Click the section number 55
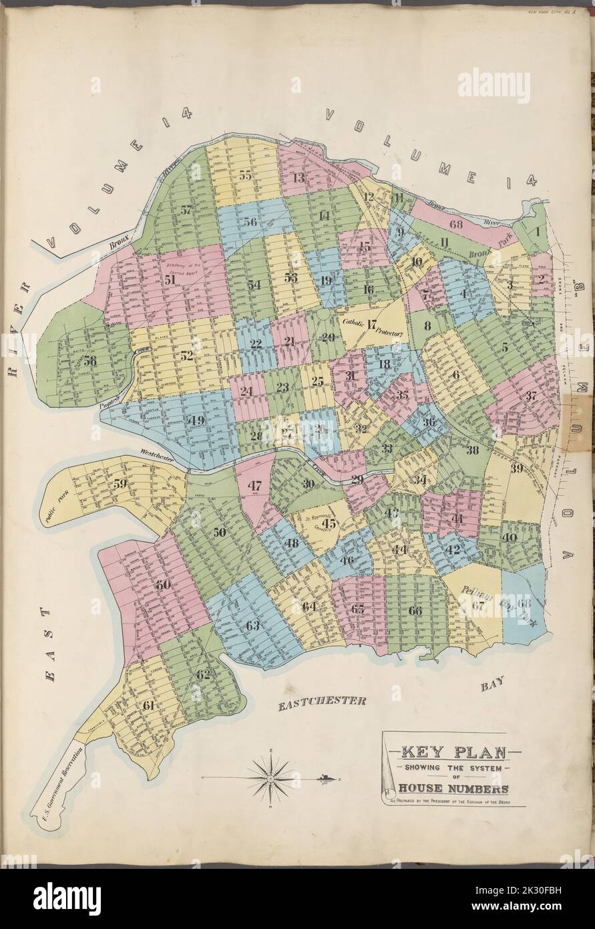(x=245, y=176)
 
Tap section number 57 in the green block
(x=186, y=210)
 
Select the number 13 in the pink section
(x=298, y=178)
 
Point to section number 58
(x=89, y=360)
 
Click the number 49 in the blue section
(x=196, y=420)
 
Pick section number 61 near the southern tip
(x=148, y=705)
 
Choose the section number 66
(x=415, y=610)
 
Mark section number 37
(x=531, y=395)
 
